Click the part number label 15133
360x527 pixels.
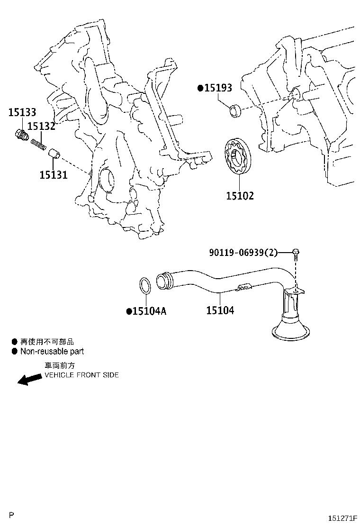pyautogui.click(x=22, y=112)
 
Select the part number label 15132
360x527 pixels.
pyautogui.click(x=41, y=127)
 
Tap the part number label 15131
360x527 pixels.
pyautogui.click(x=53, y=175)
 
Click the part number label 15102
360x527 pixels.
pyautogui.click(x=240, y=195)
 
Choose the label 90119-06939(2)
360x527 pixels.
pyautogui.click(x=243, y=253)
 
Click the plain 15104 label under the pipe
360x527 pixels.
pyautogui.click(x=220, y=311)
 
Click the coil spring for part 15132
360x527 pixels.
pyautogui.click(x=38, y=143)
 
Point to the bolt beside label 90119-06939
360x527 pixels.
pyautogui.click(x=296, y=254)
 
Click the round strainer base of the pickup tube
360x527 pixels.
pyautogui.click(x=292, y=330)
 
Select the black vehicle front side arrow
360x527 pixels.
pyautogui.click(x=29, y=379)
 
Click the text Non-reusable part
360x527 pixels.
pyautogui.click(x=52, y=352)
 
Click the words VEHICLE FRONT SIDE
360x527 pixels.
pyautogui.click(x=81, y=375)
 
